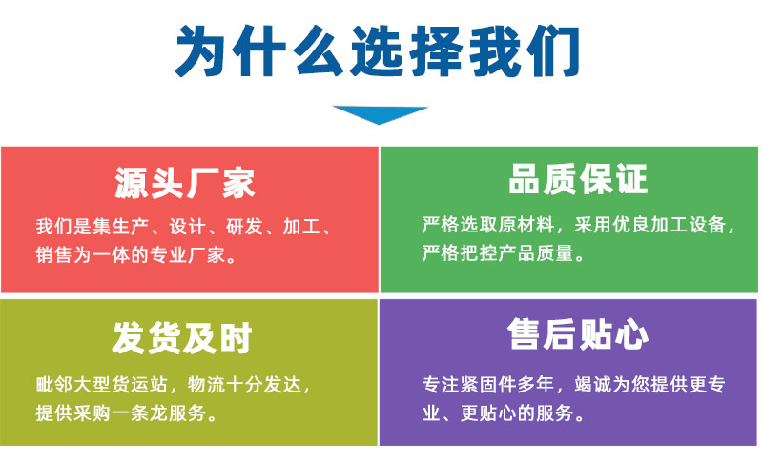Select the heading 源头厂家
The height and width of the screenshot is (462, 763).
click(x=185, y=182)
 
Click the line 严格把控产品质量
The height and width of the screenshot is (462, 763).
click(x=503, y=254)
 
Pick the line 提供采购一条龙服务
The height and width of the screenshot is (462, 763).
click(x=126, y=412)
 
